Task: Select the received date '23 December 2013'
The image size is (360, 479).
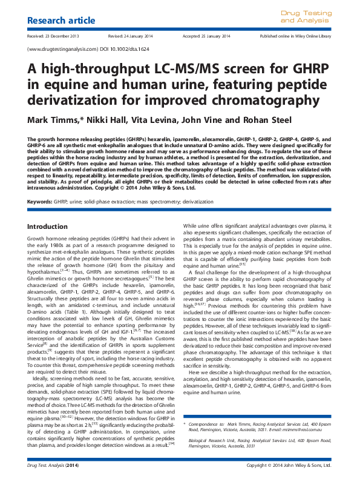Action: pyautogui.click(x=67, y=36)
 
